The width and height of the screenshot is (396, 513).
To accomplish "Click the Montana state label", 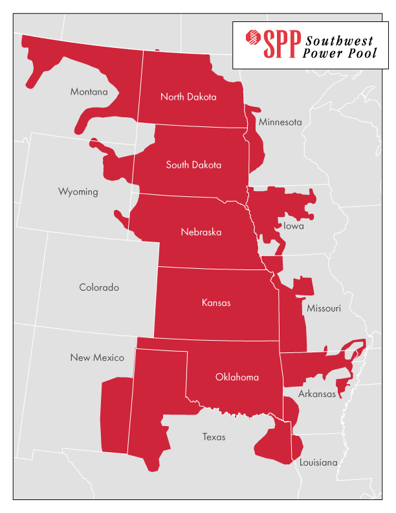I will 89,92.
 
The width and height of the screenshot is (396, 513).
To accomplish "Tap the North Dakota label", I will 188,97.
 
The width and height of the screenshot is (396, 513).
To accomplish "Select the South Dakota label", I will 193,165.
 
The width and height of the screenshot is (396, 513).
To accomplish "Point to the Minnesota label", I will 280,122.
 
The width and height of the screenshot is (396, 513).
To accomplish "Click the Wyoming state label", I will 78,192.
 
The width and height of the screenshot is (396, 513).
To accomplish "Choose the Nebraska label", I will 201,232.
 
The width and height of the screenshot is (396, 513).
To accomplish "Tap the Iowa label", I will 293,226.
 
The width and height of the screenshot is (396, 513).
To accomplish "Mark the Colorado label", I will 99,288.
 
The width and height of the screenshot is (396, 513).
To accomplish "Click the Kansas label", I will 216,302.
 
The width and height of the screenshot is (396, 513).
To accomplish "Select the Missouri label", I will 324,308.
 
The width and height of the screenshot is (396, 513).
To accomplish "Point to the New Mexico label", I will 97,358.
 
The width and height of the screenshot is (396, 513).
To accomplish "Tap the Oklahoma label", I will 237,377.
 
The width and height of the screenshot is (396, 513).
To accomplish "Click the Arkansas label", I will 317,394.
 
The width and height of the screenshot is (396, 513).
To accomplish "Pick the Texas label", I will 214,437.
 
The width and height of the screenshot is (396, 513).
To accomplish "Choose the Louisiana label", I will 318,462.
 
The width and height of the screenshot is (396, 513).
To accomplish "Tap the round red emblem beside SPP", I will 251,44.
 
